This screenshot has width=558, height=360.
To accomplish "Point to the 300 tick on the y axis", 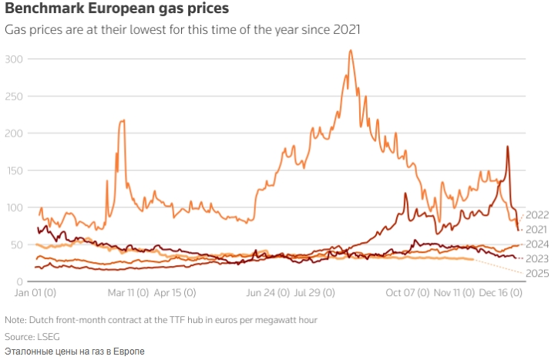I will click(x=15, y=59).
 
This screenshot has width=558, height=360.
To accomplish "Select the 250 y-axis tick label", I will click(x=15, y=96).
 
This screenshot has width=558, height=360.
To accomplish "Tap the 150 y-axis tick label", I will click(x=15, y=170).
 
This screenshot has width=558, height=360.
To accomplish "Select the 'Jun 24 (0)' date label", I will click(x=267, y=294).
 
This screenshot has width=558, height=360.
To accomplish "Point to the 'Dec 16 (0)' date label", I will click(x=502, y=294).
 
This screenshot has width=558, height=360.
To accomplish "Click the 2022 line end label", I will click(x=536, y=215).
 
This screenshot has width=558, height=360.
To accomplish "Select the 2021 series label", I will click(x=536, y=230).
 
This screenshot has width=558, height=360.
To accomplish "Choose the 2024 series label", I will click(x=536, y=244).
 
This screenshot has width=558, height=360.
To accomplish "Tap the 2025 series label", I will click(x=536, y=274).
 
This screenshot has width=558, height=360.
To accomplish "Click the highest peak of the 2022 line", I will click(x=351, y=52).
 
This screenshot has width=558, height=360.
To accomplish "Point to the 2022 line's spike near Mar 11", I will click(x=123, y=121).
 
